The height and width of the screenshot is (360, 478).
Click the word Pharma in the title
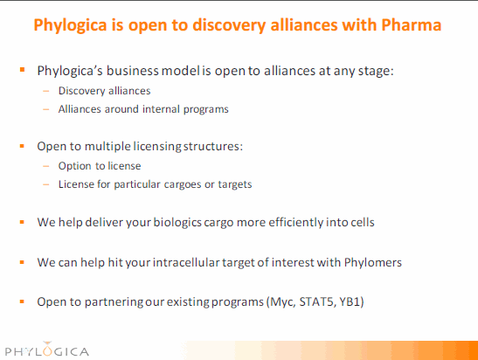[x=411, y=24]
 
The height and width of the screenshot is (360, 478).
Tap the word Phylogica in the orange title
[x=70, y=25]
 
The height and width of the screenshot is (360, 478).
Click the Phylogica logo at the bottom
[x=47, y=350]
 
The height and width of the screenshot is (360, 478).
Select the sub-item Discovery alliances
[x=104, y=91]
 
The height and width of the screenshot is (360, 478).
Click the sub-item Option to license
[x=100, y=166]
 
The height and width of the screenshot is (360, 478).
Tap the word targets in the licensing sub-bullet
[x=235, y=184]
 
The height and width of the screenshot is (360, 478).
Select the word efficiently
[x=296, y=222]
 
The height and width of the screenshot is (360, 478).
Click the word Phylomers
[x=373, y=262]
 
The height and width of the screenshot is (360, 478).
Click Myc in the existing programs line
[x=282, y=302]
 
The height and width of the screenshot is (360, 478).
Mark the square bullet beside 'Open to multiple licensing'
[x=22, y=146]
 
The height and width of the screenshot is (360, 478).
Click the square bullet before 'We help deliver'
[x=22, y=222]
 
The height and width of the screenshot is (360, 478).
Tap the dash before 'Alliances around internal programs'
[x=46, y=109]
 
